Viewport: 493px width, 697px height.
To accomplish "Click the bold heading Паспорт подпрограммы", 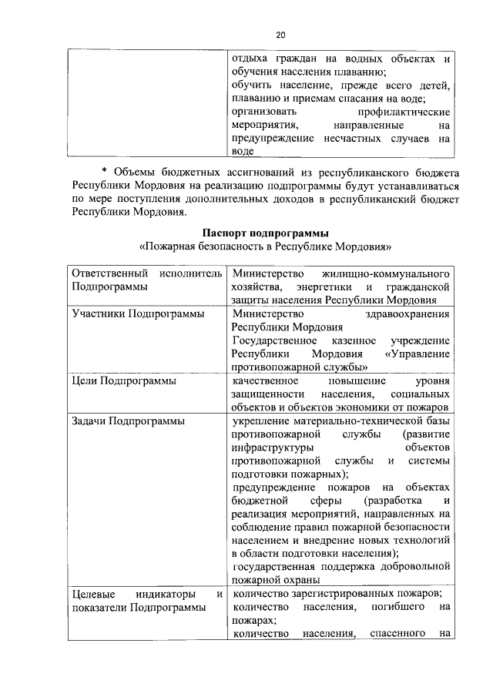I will click(266, 233).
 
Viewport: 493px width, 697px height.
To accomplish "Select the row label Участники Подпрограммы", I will click(138, 314).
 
